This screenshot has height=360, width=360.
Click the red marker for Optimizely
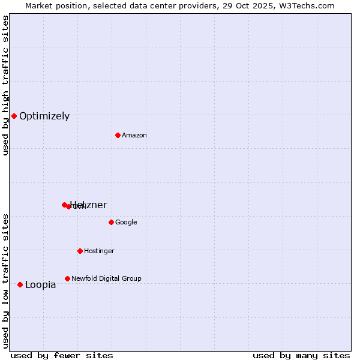click(x=14, y=116)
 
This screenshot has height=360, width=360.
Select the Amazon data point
click(x=118, y=135)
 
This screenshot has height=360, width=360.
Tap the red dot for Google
click(x=111, y=222)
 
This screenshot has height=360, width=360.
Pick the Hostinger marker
click(x=80, y=251)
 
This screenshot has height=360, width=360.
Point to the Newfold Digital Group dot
click(x=67, y=278)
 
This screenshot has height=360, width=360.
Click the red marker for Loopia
click(x=20, y=284)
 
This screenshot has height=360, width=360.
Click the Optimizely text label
click(x=44, y=116)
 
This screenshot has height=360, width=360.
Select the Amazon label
click(x=134, y=136)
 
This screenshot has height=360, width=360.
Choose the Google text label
click(x=126, y=223)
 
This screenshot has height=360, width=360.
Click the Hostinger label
click(x=99, y=251)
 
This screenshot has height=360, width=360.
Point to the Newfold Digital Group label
click(x=106, y=279)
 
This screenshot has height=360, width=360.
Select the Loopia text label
click(x=40, y=285)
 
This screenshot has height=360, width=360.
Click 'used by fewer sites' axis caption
click(x=62, y=355)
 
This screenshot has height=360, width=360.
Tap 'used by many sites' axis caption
click(x=301, y=355)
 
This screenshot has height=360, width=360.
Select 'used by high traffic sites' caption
click(x=6, y=85)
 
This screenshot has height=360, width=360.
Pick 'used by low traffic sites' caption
click(x=6, y=280)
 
